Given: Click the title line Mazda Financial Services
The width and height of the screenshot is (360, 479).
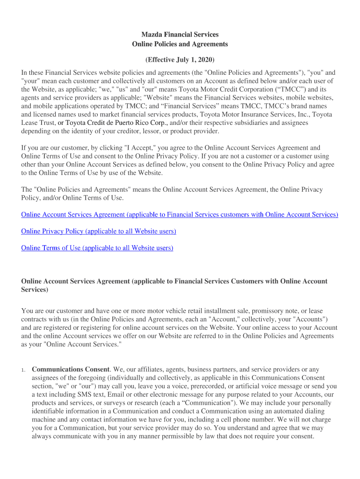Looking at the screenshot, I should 180,35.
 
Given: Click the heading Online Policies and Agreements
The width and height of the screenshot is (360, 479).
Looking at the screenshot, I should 180,44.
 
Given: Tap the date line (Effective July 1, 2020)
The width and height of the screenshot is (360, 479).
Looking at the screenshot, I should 180,60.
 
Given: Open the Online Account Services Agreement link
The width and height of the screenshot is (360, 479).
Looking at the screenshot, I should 180,215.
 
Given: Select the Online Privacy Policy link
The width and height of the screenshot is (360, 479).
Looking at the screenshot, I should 99,231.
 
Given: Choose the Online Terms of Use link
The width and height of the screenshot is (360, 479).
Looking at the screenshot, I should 97,248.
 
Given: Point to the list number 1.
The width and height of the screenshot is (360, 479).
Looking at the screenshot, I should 23,370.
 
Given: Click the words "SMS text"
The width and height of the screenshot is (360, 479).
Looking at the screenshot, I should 84,395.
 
